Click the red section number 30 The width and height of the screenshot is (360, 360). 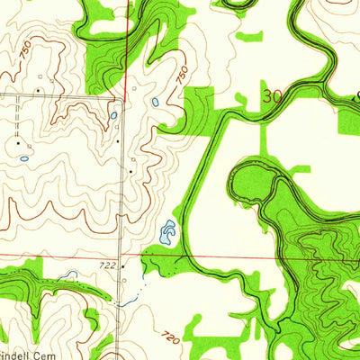click(x=273, y=94)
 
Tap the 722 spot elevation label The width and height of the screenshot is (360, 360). click(x=108, y=265)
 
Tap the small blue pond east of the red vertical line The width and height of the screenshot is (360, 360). click(x=155, y=102)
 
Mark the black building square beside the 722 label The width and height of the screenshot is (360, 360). click(x=122, y=265)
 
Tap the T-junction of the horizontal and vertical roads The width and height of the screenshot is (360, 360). click(x=122, y=94)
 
